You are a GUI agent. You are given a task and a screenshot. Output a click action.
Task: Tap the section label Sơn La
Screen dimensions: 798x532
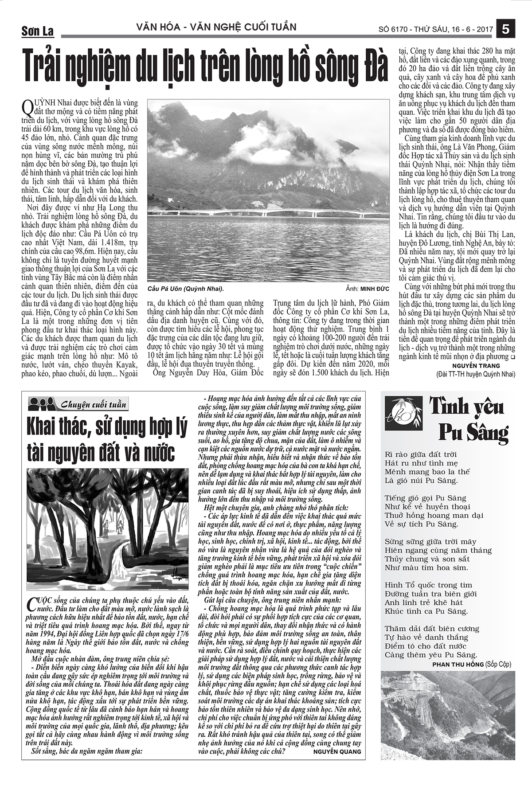tap(37, 31)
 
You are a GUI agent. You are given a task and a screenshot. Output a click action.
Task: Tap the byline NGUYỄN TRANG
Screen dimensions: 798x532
tap(476, 366)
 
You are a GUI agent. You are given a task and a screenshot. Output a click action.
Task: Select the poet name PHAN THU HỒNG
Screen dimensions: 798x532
tap(457, 664)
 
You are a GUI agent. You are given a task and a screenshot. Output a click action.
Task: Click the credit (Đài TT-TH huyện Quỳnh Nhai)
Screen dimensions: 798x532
tap(476, 374)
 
